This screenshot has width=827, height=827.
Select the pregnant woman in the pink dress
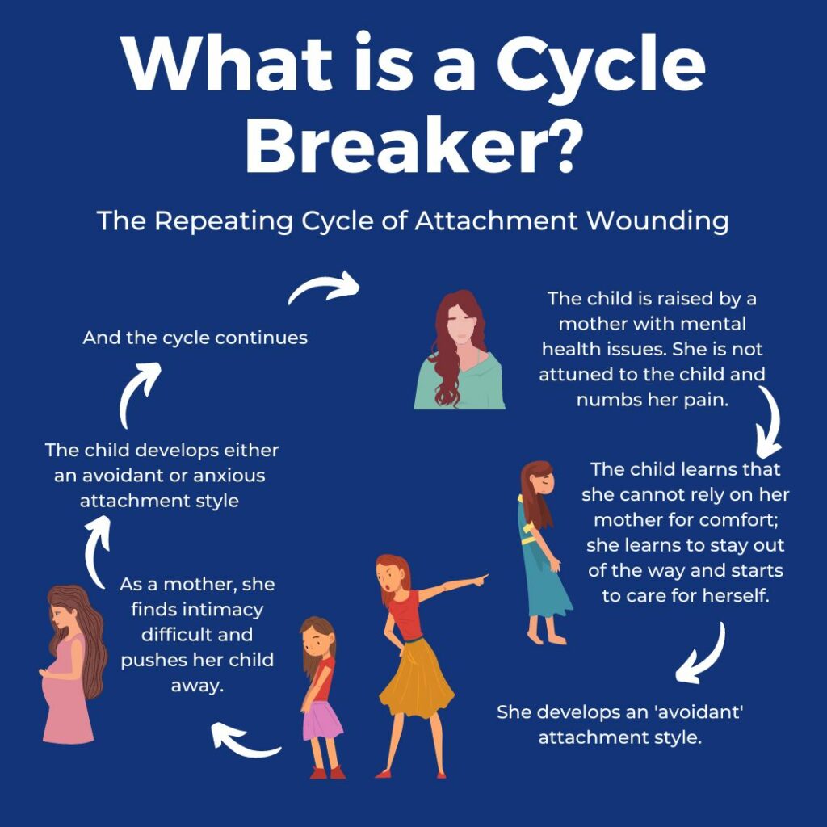(71, 662)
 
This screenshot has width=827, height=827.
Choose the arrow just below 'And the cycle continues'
(140, 393)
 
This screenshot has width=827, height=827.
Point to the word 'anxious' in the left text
(224, 475)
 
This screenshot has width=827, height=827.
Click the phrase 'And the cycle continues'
(195, 338)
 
